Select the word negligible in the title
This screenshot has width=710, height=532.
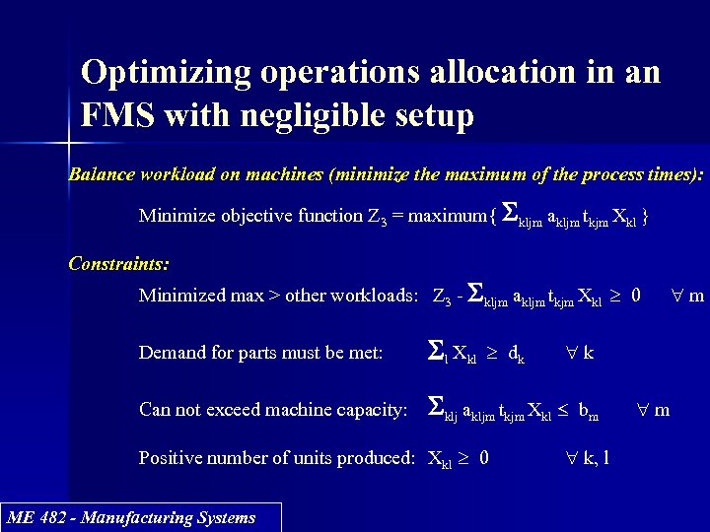tap(311, 117)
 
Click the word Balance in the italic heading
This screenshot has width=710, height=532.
tap(104, 175)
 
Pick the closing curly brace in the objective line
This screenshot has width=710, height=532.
tap(644, 216)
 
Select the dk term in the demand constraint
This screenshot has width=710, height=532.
tap(516, 353)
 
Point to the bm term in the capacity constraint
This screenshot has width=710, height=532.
tap(588, 410)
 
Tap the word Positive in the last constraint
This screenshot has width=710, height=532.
tap(170, 458)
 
